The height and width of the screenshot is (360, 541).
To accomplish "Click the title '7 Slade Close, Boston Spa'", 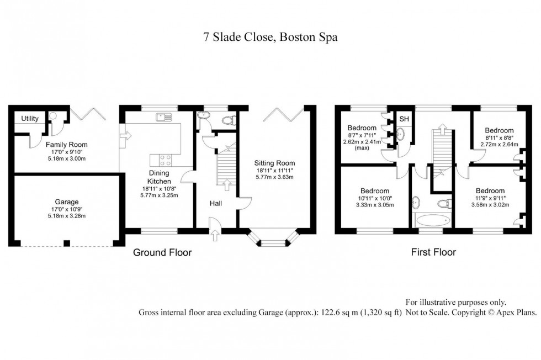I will click(270, 38).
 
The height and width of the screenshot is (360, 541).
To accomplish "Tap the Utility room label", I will click(30, 119).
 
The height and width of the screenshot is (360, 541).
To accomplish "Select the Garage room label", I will click(66, 202).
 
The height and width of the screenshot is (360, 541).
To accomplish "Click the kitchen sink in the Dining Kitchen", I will click(164, 117).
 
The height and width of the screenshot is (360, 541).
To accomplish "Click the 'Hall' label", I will click(215, 204).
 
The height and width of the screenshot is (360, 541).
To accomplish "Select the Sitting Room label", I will click(274, 163).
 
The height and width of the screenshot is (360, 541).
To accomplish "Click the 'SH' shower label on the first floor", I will click(404, 119).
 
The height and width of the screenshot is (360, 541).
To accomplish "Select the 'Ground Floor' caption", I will click(162, 253).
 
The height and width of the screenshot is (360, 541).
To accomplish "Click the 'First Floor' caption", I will click(433, 253).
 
